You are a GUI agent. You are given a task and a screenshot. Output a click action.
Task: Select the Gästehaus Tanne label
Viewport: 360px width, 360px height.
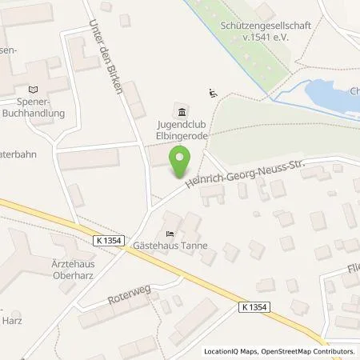point(170,246)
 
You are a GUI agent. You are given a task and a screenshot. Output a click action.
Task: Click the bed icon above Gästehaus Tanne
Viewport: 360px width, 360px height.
point(169,233)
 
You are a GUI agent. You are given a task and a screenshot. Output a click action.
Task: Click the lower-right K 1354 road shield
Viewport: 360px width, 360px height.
point(255,306)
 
